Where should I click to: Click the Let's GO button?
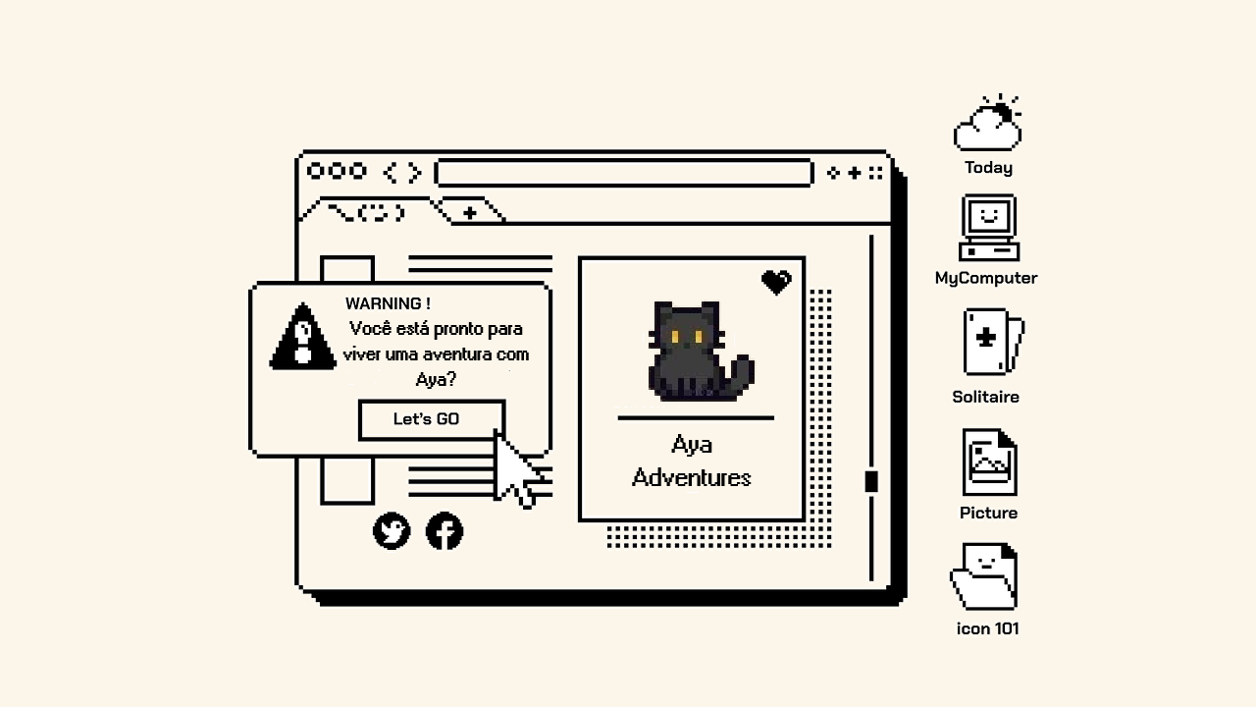coord(432,419)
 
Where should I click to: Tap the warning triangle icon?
coord(303,336)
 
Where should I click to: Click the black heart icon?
coord(776,282)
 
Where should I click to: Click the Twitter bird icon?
coord(392,530)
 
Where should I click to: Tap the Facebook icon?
coord(445,530)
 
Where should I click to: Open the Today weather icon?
coord(988,123)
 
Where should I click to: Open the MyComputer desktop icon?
coord(988,227)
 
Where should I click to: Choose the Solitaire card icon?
coord(993,341)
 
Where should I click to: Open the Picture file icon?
coord(990,462)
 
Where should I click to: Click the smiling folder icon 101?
coord(984,575)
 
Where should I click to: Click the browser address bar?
coord(623,172)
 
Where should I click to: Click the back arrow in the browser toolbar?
coord(391,172)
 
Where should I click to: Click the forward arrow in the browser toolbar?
coord(415,172)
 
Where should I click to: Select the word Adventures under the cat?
coord(692,478)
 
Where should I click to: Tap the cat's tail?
coord(740,376)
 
